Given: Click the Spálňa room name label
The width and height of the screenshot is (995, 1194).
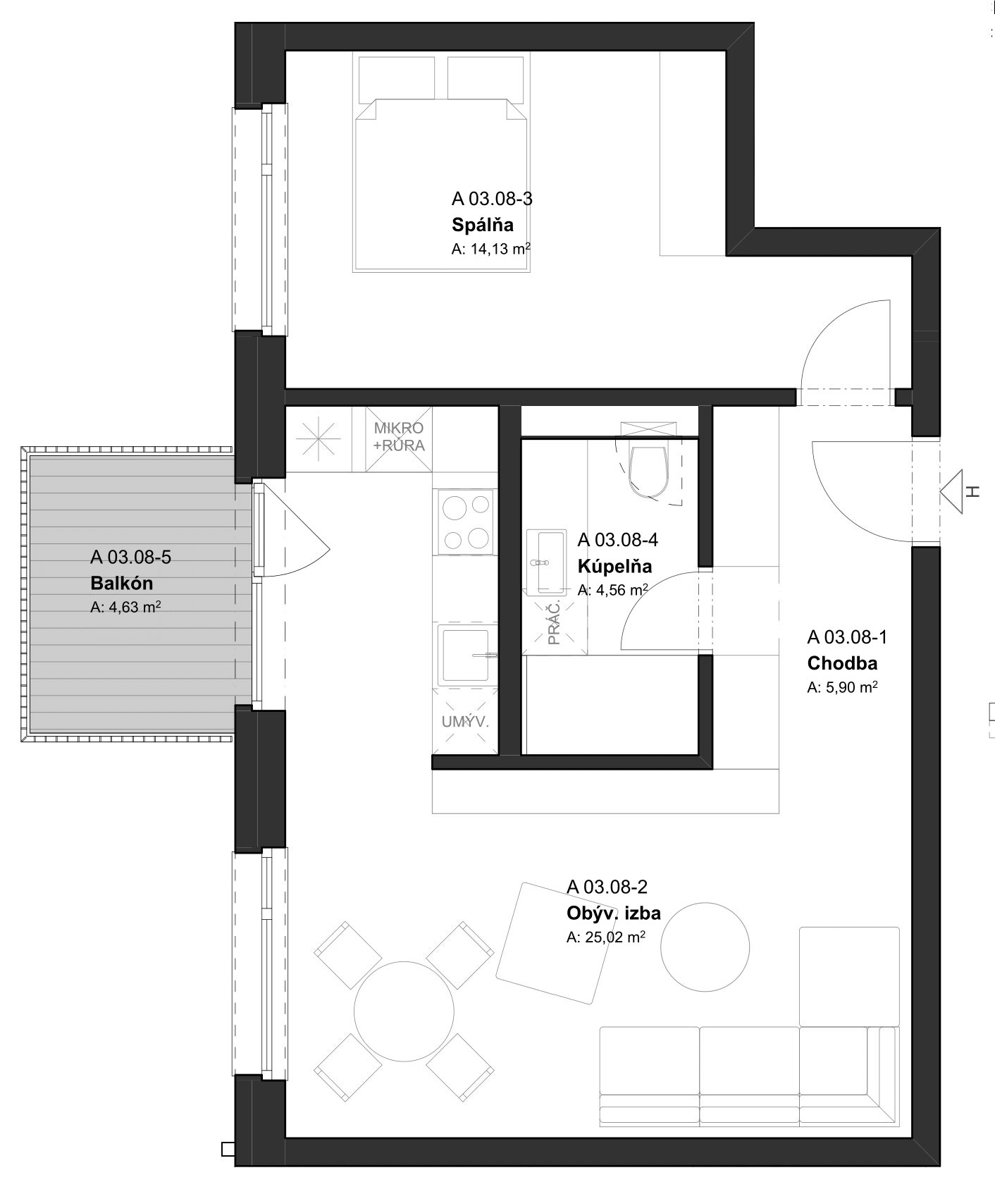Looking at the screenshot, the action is coord(483,226).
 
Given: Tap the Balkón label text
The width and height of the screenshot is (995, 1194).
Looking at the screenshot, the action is coord(121,584).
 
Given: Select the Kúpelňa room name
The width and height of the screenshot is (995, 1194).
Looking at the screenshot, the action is coord(614,566).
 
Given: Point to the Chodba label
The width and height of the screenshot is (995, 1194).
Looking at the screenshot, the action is coord(842,663).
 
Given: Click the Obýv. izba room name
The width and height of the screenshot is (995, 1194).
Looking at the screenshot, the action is coord(614,913).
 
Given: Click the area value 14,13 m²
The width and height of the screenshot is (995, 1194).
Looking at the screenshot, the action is coord(491,249).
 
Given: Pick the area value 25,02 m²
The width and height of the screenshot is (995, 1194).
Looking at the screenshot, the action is coord(606,937).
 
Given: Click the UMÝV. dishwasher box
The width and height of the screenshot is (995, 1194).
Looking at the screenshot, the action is coord(465,722).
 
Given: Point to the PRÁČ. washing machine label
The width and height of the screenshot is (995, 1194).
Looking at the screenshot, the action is coord(554,622).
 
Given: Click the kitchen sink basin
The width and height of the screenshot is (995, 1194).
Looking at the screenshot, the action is coord(464,654).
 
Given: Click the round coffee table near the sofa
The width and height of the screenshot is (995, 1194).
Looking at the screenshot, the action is coord(705,947).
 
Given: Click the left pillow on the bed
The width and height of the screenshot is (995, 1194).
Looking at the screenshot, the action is coord(397,78).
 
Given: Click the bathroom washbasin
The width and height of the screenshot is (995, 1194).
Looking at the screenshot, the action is coord(546,561).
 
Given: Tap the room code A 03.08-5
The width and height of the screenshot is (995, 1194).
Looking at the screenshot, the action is coord(130,557).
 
